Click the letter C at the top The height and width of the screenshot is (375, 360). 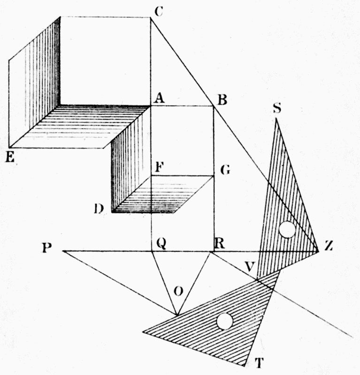click(159, 11)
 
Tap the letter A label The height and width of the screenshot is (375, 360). click(159, 98)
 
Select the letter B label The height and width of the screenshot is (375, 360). click(222, 100)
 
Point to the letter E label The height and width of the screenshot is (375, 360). click(10, 157)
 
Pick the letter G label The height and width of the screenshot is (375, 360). click(225, 170)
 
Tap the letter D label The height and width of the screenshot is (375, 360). click(99, 209)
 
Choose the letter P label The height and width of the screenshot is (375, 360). click(47, 248)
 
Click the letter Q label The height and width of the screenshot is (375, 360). click(161, 244)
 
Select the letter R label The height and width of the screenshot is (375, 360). click(220, 244)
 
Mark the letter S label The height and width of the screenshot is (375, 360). click(277, 108)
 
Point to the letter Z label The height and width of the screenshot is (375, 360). click(329, 246)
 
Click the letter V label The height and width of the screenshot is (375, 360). click(249, 267)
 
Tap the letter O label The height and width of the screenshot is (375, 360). click(178, 291)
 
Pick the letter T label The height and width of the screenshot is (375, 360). click(259, 363)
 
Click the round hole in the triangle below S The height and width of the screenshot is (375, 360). click(287, 230)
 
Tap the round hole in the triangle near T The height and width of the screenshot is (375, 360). click(225, 321)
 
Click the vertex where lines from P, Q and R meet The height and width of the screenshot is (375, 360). click(177, 315)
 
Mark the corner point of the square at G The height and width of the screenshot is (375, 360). click(214, 176)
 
